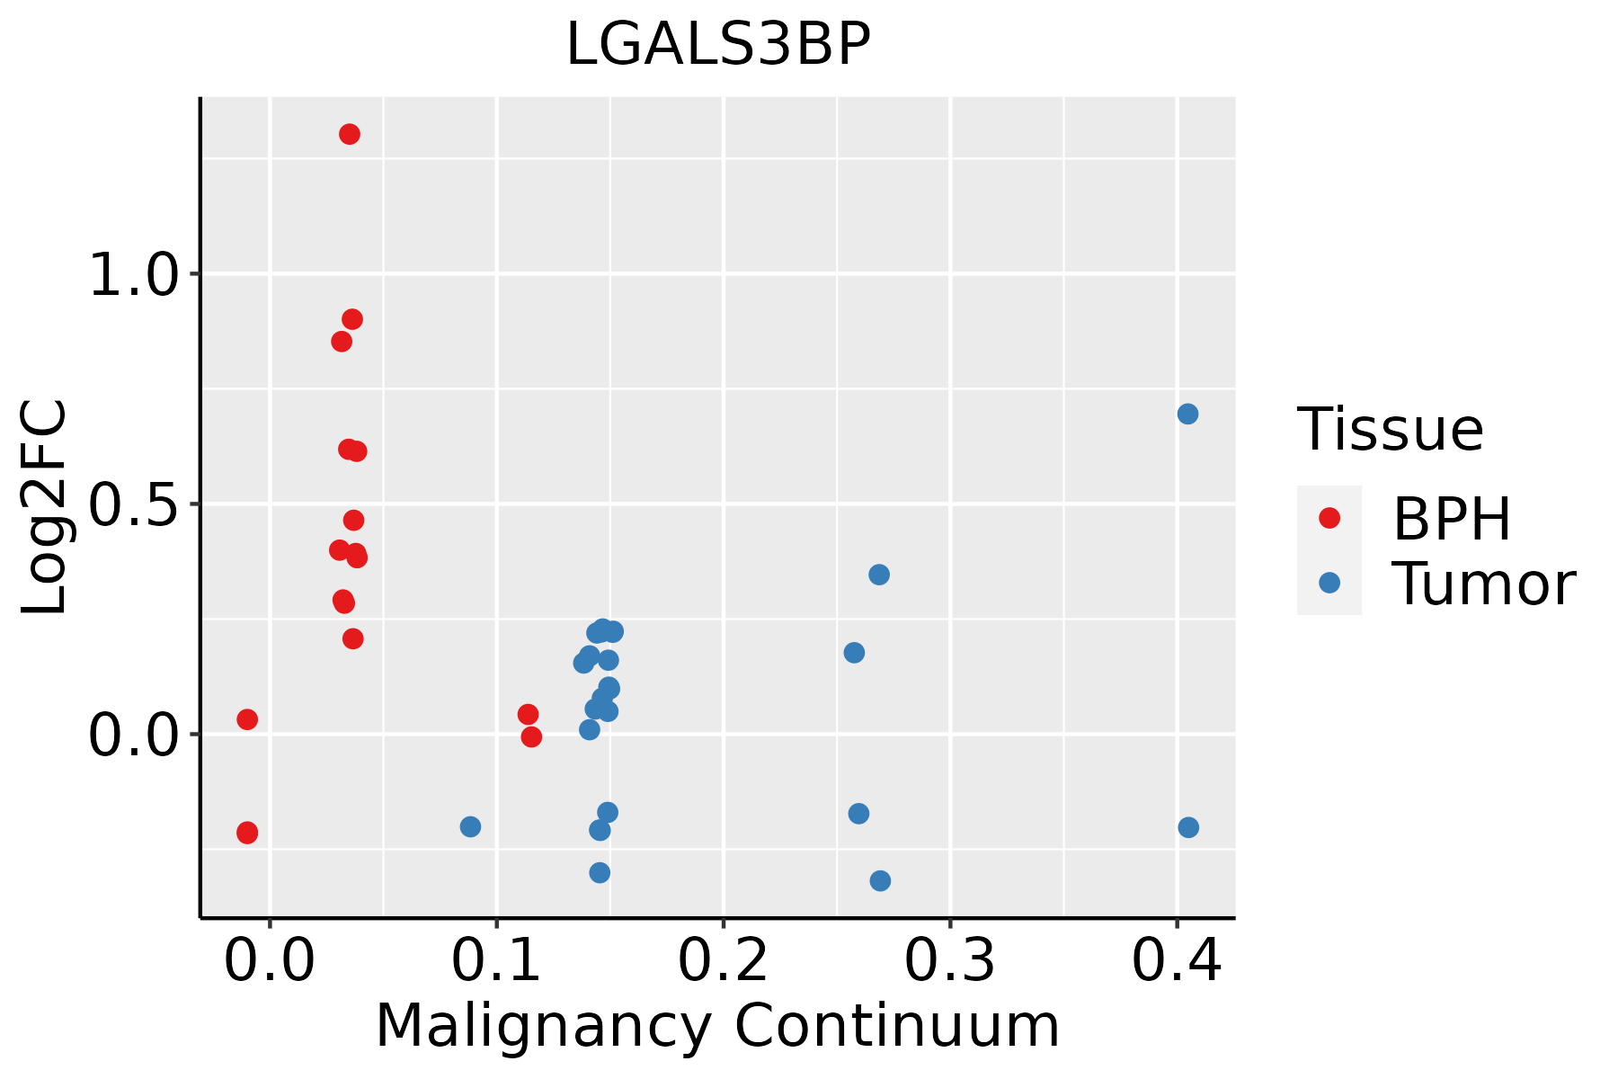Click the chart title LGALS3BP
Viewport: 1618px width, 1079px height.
pyautogui.click(x=718, y=45)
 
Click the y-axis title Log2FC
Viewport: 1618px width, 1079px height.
pyautogui.click(x=45, y=507)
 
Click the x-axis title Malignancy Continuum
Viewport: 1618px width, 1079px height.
pyautogui.click(x=717, y=1026)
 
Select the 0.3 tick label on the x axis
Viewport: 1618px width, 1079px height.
pyautogui.click(x=949, y=961)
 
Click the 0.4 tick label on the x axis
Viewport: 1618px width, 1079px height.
pyautogui.click(x=1176, y=961)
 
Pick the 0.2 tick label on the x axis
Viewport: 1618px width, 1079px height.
pyautogui.click(x=723, y=961)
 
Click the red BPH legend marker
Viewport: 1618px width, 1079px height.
pyautogui.click(x=1329, y=518)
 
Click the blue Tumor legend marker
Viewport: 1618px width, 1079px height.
pyautogui.click(x=1329, y=583)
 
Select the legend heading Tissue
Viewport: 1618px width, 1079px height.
pyautogui.click(x=1391, y=430)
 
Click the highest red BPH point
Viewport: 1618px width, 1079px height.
pyautogui.click(x=350, y=135)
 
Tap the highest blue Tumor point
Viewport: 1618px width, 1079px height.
pyautogui.click(x=1187, y=414)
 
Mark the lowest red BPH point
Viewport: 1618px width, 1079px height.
pyautogui.click(x=247, y=833)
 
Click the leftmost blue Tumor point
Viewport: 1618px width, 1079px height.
pyautogui.click(x=470, y=826)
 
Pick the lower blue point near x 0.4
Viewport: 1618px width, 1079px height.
pyautogui.click(x=1188, y=827)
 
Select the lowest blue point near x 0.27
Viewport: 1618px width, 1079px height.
pyautogui.click(x=880, y=880)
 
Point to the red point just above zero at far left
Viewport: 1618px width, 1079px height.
pyautogui.click(x=247, y=719)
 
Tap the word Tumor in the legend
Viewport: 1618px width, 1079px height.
pyautogui.click(x=1483, y=584)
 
